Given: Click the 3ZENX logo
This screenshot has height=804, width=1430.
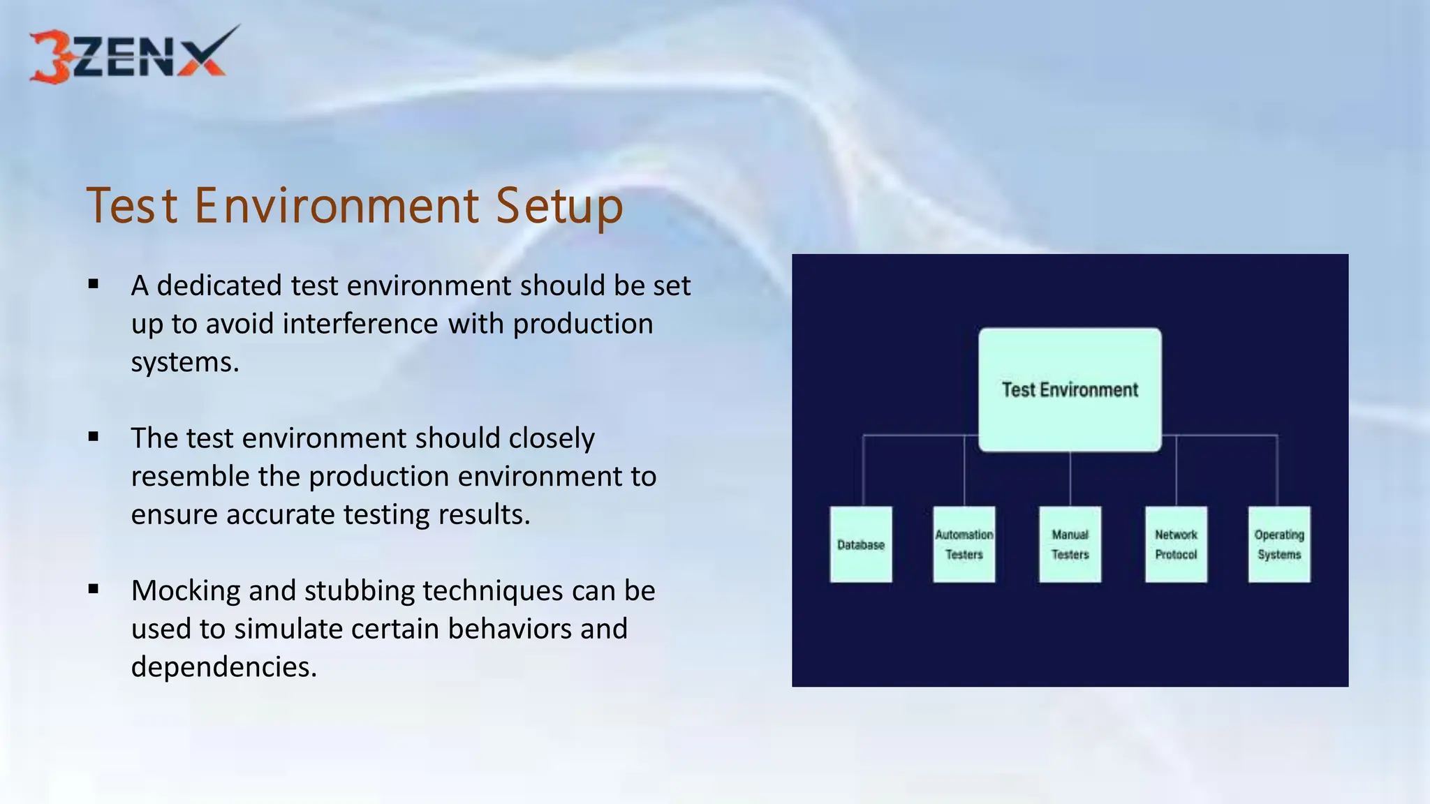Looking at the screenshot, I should [x=133, y=56].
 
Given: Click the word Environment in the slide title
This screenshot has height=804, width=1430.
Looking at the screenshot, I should [x=337, y=206].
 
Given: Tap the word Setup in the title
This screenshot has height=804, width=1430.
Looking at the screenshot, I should [x=559, y=207].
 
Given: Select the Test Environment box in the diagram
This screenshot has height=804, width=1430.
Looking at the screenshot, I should [x=1070, y=389].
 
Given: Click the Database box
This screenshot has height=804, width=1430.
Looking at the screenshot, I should [x=860, y=544].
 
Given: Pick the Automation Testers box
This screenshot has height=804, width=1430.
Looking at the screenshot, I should [x=964, y=544].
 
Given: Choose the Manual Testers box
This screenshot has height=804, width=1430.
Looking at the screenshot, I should [x=1070, y=544].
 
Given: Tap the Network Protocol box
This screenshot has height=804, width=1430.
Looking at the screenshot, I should [x=1176, y=544].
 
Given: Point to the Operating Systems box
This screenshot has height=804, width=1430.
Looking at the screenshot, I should [x=1279, y=544].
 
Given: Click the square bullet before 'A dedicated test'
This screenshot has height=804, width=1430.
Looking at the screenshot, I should [x=94, y=284].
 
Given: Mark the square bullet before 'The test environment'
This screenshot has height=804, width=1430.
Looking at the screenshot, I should [x=94, y=437].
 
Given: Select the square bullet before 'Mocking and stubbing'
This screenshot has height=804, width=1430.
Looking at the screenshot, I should [x=94, y=589].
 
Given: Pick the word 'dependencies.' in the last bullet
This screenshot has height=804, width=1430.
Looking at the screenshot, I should [x=223, y=667].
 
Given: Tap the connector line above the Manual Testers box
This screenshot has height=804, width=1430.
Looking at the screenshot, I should [x=1070, y=479].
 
